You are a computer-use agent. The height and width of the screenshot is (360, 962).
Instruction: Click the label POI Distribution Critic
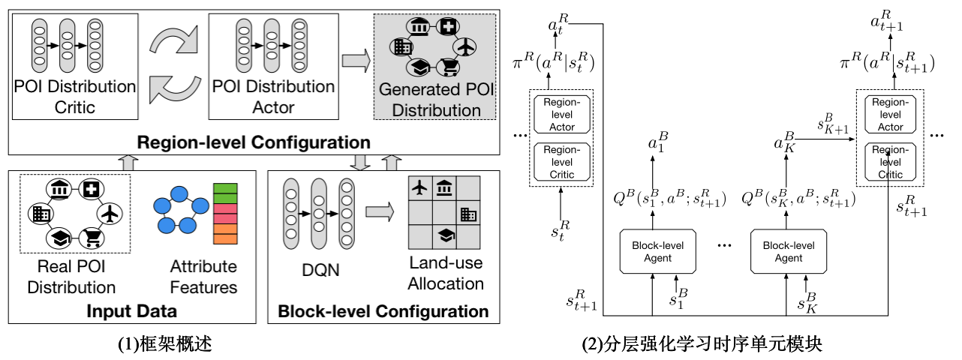[x=75, y=96]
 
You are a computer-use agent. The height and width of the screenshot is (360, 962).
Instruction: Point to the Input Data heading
[x=131, y=311]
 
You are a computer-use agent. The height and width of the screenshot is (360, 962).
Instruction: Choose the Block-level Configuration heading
[x=383, y=311]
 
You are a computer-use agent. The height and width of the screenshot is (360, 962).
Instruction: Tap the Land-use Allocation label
[x=446, y=273]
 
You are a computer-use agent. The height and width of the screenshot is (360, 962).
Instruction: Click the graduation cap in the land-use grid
[x=445, y=236]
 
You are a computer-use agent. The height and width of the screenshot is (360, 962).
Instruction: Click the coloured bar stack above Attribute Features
[x=225, y=214]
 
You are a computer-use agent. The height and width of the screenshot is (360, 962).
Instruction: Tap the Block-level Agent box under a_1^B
[x=651, y=252]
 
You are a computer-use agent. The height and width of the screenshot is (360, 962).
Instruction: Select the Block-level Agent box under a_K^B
[x=783, y=252]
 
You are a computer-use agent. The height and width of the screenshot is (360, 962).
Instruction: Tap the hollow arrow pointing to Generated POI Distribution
[x=356, y=61]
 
